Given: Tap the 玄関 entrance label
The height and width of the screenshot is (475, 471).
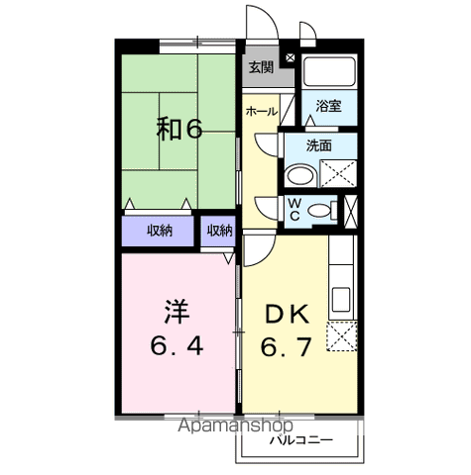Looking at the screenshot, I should [x=261, y=67].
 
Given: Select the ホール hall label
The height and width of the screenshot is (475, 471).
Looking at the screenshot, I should [x=262, y=112].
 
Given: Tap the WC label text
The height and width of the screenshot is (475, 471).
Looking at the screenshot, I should [x=294, y=209].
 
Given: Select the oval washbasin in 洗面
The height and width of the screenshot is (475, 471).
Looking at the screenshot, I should [x=297, y=177].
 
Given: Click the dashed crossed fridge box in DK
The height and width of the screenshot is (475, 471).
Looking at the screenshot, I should [x=339, y=337].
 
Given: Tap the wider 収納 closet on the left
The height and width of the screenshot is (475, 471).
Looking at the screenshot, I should [x=160, y=231].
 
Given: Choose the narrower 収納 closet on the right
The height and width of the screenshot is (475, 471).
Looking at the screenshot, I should [x=219, y=231].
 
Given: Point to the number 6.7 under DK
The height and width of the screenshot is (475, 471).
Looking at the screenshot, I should [x=288, y=347].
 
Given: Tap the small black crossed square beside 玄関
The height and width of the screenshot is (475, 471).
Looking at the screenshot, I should [x=289, y=58].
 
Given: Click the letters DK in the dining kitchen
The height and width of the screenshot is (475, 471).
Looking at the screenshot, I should [x=288, y=315].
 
